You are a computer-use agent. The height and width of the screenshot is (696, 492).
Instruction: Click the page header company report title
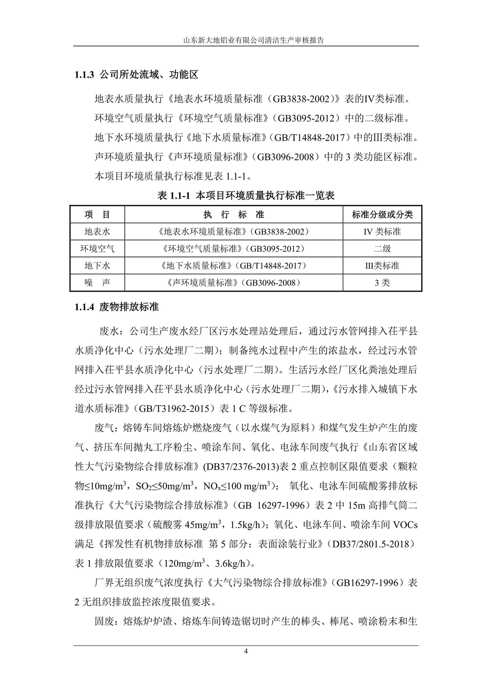(246, 41)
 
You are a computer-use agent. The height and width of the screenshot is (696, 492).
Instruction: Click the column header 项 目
(97, 215)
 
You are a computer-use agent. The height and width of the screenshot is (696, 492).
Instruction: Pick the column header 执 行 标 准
(233, 215)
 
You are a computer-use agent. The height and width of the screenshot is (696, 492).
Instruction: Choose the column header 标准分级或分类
(382, 215)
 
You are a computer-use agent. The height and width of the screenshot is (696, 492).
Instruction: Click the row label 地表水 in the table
(97, 232)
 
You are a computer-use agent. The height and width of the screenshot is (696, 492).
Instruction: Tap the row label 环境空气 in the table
(97, 248)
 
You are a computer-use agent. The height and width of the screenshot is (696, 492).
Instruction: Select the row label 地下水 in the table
(97, 266)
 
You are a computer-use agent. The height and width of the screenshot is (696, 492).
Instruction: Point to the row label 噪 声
(97, 283)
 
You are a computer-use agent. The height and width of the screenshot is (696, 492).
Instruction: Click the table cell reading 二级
(382, 248)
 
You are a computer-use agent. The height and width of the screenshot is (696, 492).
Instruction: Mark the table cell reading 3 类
(382, 283)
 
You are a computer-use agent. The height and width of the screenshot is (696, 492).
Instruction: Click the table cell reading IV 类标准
(382, 232)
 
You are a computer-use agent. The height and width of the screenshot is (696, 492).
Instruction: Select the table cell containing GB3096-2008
(233, 283)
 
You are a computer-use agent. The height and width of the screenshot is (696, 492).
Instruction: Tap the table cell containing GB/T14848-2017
(233, 266)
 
